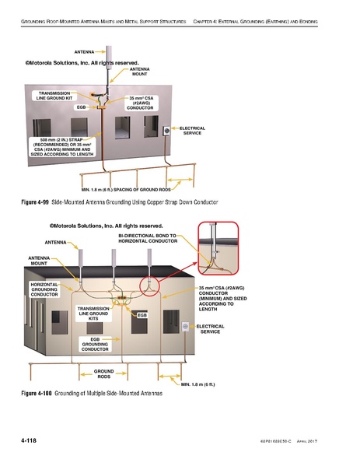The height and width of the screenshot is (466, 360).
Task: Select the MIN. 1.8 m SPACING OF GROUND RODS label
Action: [126, 189]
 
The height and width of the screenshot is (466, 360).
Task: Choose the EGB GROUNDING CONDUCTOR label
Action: [94, 345]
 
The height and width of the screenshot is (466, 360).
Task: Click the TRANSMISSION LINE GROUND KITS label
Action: [93, 313]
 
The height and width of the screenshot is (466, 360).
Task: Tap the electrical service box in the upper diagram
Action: [166, 132]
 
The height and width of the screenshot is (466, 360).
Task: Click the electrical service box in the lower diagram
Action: [185, 330]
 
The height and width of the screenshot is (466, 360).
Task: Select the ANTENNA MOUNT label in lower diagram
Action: [40, 260]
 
